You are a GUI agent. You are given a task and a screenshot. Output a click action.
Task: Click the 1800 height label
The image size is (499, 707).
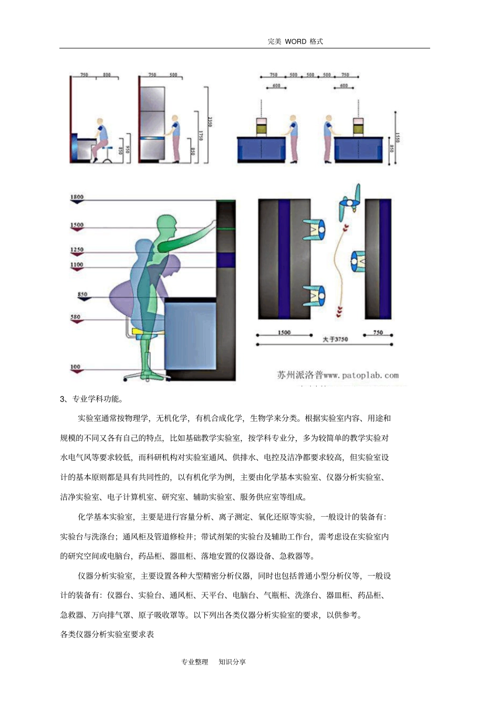tap(77, 197)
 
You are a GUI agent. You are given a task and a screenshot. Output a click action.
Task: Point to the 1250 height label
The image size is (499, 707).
tap(77, 250)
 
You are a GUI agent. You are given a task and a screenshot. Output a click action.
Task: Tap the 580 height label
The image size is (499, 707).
tap(76, 317)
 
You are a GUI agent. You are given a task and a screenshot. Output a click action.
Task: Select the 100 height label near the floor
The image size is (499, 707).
tap(75, 367)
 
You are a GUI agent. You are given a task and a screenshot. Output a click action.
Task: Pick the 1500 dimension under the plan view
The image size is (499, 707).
tap(284, 333)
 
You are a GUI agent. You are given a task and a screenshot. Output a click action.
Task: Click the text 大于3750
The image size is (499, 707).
tap(335, 340)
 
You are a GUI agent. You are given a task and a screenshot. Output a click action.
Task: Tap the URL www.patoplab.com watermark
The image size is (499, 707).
tap(361, 375)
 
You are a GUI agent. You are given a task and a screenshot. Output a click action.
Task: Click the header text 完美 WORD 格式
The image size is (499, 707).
tap(295, 42)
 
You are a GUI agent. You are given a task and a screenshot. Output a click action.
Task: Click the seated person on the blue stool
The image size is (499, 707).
tap(101, 138)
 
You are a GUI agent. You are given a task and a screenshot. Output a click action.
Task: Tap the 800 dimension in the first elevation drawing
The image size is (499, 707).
tap(107, 75)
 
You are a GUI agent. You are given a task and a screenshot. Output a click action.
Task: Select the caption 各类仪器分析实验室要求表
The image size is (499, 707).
tap(107, 634)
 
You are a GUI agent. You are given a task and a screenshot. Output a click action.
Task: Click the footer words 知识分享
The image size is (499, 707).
tap(232, 662)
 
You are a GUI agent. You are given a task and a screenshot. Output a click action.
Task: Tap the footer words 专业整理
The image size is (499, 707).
tap(195, 662)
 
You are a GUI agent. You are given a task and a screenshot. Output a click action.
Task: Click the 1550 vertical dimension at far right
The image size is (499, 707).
tap(397, 138)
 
